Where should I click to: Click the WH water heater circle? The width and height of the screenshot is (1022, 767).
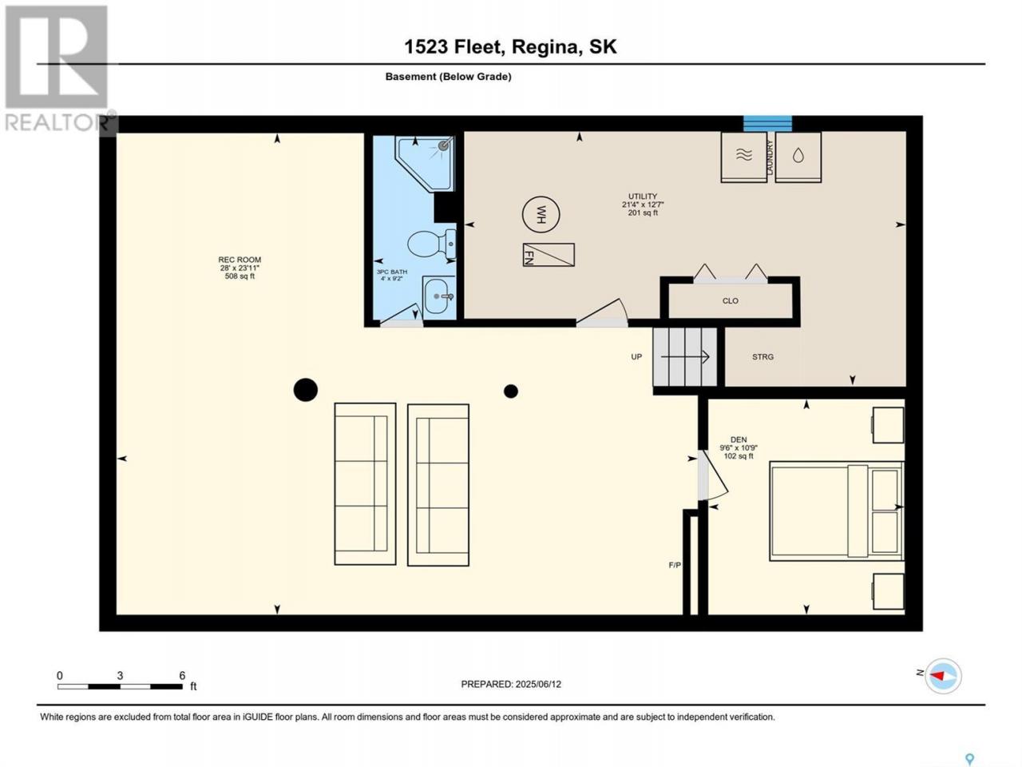click(541, 215)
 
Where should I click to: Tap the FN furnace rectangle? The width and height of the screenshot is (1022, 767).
click(549, 255)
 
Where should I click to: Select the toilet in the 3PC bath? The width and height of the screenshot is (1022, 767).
click(432, 244)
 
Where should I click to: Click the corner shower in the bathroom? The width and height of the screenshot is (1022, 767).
click(424, 162)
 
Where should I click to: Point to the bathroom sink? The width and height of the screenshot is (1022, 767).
click(438, 296)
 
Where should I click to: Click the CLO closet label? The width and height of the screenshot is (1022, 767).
click(730, 301)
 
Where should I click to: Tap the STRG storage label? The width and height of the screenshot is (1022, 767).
click(763, 356)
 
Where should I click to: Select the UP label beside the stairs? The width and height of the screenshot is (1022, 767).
click(636, 356)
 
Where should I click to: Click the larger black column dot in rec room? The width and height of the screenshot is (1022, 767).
click(306, 389)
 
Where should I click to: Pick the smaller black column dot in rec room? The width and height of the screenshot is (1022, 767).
click(511, 391)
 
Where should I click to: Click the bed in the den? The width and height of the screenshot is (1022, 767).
click(837, 511)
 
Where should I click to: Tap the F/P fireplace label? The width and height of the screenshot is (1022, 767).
click(675, 565)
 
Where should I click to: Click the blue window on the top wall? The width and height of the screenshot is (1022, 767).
click(767, 123)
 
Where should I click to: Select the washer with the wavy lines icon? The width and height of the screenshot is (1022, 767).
click(743, 157)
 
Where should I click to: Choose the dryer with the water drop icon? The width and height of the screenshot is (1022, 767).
click(798, 157)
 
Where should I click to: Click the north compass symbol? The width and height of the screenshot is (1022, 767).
click(942, 675)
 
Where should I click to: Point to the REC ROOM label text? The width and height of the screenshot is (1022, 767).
click(240, 260)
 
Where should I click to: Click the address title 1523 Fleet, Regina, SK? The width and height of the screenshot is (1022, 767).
click(510, 46)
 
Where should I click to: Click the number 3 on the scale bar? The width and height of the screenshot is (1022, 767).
click(120, 675)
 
